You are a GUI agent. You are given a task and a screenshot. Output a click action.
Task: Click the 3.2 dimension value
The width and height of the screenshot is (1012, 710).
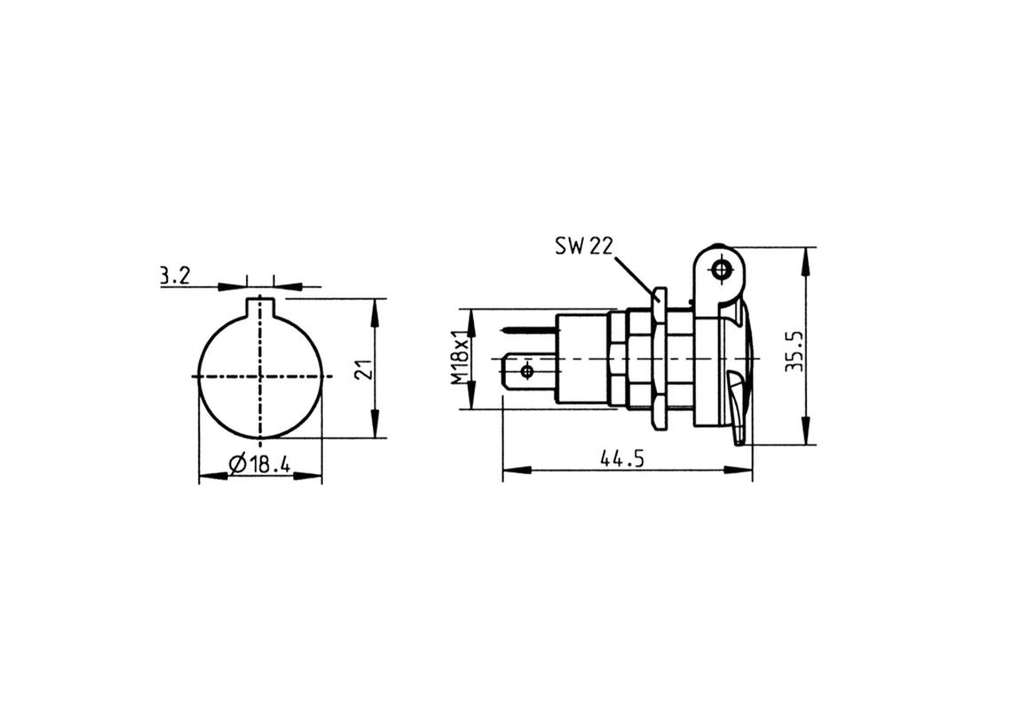click(174, 276)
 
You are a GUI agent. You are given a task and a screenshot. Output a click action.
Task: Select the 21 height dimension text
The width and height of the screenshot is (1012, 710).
click(361, 369)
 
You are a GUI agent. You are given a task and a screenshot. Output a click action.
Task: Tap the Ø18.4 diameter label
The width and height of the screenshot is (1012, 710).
click(259, 463)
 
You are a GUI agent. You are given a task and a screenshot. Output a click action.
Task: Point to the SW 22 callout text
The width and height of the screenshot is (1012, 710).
click(583, 246)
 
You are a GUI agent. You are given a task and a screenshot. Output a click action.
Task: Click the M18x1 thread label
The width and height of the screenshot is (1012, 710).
click(458, 359)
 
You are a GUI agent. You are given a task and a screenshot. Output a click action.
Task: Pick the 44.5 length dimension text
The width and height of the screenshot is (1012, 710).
click(621, 459)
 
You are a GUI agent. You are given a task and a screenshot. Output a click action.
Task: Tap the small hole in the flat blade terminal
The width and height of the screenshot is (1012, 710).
click(527, 369)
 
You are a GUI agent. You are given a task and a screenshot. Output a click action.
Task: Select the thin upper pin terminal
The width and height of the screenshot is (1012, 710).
click(527, 331)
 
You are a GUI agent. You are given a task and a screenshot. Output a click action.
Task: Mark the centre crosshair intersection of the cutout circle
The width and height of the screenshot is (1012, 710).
click(259, 376)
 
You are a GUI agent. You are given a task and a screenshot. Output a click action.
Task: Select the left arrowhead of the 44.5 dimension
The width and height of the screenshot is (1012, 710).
click(511, 469)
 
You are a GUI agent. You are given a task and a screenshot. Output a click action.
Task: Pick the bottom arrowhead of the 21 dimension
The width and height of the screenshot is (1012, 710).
click(376, 430)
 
